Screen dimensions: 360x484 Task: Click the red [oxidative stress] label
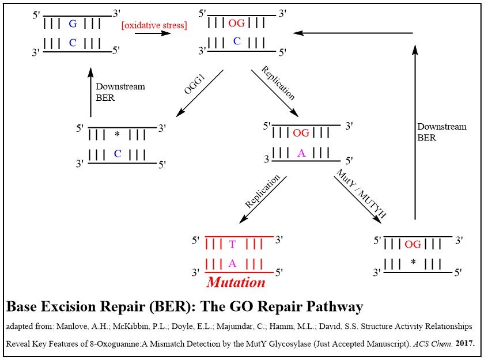(x=154, y=25)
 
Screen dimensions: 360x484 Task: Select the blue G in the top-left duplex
(x=72, y=24)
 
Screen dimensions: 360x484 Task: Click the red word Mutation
(x=236, y=282)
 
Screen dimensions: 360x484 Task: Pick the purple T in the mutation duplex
(x=232, y=244)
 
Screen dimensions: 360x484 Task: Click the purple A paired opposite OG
(x=301, y=153)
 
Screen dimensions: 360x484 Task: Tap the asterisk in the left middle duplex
(x=117, y=135)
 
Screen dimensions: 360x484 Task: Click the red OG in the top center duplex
(x=237, y=23)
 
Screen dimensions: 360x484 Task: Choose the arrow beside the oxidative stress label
(x=153, y=34)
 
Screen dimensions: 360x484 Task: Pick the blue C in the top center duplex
(x=236, y=41)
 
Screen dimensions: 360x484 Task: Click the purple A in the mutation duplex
(x=232, y=263)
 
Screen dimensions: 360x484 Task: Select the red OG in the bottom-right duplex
(x=413, y=244)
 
